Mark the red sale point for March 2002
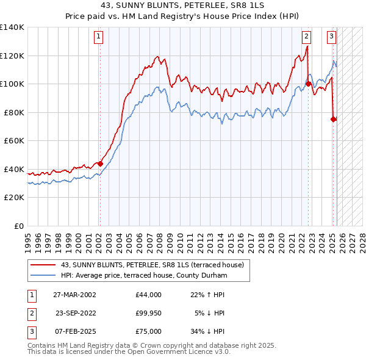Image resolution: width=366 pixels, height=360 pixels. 100,164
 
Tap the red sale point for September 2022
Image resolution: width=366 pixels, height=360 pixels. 309,84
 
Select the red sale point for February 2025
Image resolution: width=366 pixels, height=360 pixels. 334,119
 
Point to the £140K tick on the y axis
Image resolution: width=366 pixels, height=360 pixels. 12,27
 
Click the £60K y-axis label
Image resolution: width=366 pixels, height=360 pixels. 14,141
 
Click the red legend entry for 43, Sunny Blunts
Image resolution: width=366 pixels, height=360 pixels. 152,265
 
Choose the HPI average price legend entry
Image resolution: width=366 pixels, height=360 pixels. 144,276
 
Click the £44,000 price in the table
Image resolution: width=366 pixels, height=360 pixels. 149,295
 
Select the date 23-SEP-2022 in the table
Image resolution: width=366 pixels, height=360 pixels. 75,313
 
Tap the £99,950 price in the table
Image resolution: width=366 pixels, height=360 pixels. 149,313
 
